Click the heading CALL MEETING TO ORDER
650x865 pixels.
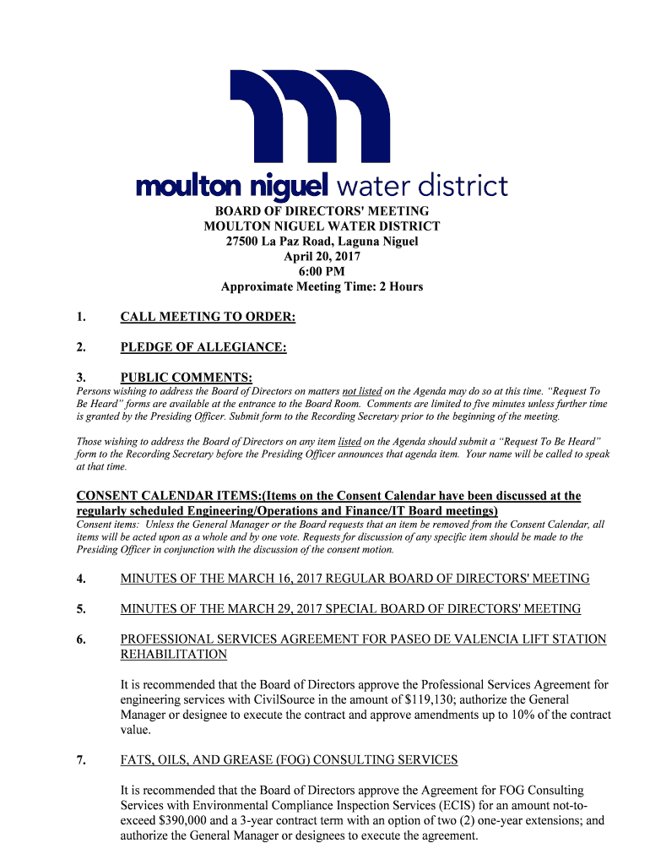[x=208, y=318]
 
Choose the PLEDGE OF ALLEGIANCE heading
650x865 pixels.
[x=203, y=347]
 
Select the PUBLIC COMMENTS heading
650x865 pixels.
[x=187, y=378]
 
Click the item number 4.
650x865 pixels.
[x=81, y=579]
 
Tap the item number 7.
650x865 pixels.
[x=81, y=760]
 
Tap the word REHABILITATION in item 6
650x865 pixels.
[x=174, y=654]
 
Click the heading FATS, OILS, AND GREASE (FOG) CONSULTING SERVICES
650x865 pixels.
[x=289, y=760]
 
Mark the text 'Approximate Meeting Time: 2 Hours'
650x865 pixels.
[x=322, y=287]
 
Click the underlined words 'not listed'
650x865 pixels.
[x=362, y=392]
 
